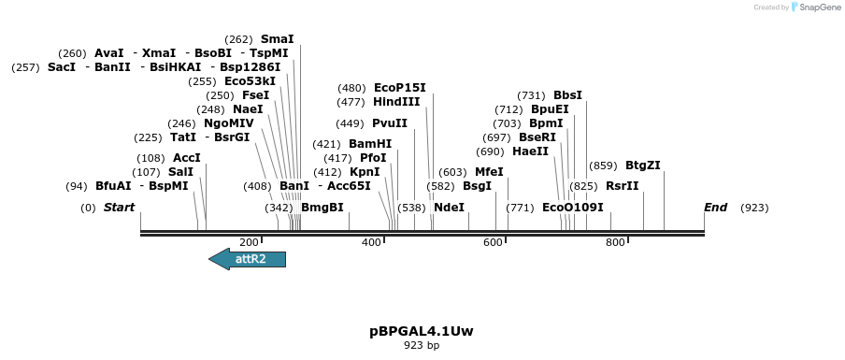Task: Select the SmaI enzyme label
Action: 277,39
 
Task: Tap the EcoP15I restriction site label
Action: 399,88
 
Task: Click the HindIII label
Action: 396,102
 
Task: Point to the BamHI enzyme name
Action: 370,144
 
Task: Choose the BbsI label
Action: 567,95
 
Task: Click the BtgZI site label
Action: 643,166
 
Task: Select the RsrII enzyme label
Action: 623,186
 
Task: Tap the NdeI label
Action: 449,208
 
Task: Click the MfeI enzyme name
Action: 489,172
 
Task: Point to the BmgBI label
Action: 322,208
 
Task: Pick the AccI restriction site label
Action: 187,158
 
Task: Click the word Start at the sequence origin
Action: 119,208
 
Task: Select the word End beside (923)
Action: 716,208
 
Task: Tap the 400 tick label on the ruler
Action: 371,243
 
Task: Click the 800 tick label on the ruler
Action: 615,243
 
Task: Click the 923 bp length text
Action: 422,346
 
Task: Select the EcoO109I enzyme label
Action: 573,208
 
